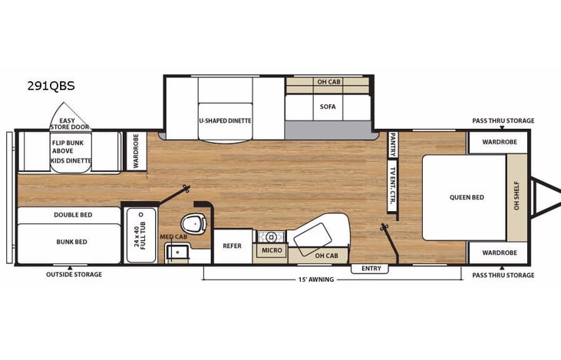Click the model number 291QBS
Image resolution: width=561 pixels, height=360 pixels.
[x=50, y=86]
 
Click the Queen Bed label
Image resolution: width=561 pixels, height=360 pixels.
[x=467, y=197]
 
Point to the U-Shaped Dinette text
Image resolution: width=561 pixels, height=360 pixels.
[x=225, y=121]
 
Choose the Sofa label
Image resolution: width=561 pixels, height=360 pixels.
[x=328, y=107]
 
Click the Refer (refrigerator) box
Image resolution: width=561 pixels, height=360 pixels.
[x=233, y=246]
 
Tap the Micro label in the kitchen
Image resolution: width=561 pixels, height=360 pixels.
[x=271, y=250]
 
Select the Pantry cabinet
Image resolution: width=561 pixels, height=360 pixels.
[x=392, y=144]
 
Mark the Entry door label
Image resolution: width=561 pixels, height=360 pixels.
[x=371, y=269]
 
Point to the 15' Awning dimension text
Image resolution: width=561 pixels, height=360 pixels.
[x=315, y=279]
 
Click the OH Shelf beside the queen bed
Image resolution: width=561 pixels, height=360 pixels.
[x=516, y=197]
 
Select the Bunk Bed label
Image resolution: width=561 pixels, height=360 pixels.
[x=71, y=242]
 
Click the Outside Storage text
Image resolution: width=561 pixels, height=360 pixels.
[x=74, y=274]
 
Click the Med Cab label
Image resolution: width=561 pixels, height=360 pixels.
[x=173, y=237]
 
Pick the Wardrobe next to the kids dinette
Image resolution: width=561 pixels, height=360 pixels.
[x=135, y=150]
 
